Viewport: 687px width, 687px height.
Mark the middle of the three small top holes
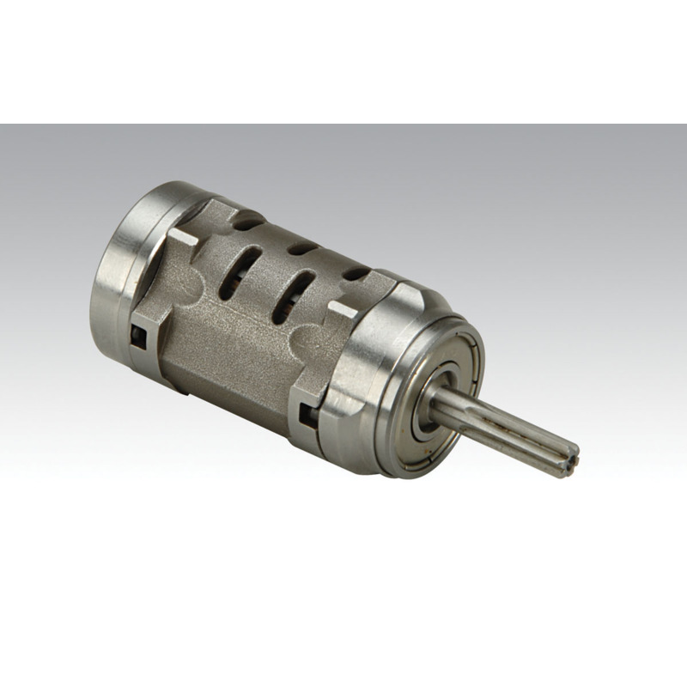coord(301,249)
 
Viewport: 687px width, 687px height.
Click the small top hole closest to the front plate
coord(354,274)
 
